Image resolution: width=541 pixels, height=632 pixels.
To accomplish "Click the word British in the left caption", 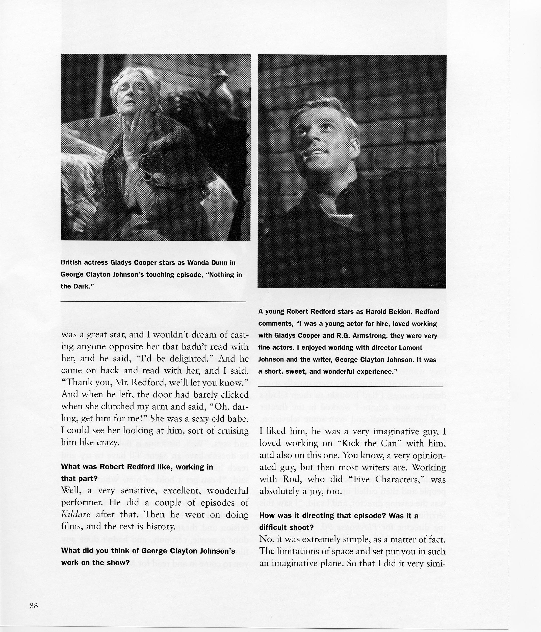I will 71,263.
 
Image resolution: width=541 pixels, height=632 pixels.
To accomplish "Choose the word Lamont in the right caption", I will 411,348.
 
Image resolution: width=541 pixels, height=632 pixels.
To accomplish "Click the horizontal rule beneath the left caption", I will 153,301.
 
